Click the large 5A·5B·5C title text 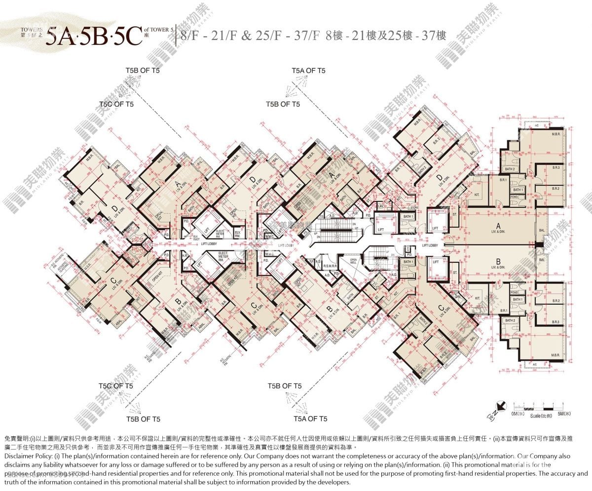point(94,36)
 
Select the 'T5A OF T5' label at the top point(309,71)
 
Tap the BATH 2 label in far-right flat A point(510,169)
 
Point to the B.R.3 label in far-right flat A point(556,168)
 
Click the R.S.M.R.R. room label point(331,266)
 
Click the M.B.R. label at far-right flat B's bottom point(555,355)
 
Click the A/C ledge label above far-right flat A point(535,125)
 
